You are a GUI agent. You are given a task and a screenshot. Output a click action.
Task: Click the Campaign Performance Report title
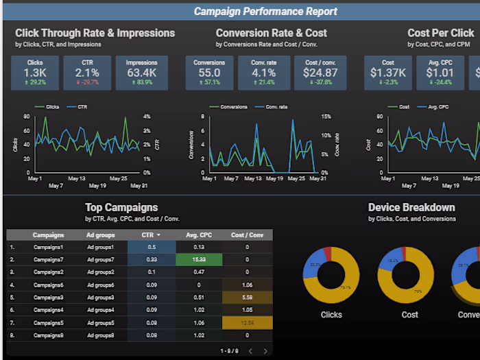tap(265, 11)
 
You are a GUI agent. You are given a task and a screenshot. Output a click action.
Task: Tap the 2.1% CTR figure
tap(87, 73)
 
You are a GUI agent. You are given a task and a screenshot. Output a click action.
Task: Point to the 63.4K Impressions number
tap(141, 73)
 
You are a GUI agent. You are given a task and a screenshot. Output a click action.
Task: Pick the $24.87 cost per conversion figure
tap(320, 73)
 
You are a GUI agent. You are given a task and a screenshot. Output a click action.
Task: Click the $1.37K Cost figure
tap(388, 73)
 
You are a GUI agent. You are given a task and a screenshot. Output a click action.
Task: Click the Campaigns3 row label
tap(48, 298)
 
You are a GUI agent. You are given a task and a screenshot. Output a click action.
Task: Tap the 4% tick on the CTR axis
tap(146, 117)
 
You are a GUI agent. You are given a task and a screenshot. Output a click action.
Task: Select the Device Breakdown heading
tap(411, 207)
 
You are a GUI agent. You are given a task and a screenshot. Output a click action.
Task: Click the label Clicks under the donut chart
tap(331, 315)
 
